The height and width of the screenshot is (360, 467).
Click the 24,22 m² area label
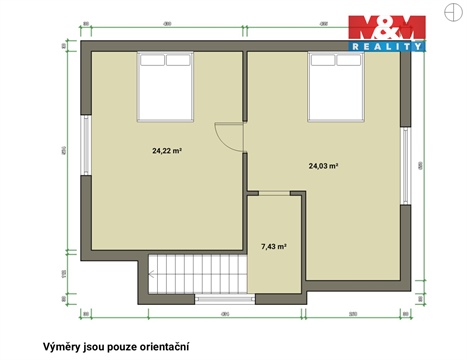pyautogui.click(x=166, y=152)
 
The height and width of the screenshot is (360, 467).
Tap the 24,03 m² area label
pyautogui.click(x=322, y=166)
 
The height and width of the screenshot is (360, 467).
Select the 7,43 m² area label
pyautogui.click(x=274, y=246)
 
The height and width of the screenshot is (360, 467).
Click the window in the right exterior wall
pyautogui.click(x=406, y=164)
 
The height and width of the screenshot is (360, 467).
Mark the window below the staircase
pyautogui.click(x=224, y=297)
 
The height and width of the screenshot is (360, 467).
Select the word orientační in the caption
pyautogui.click(x=160, y=347)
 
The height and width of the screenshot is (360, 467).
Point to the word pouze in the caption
pyautogui.click(x=118, y=347)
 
